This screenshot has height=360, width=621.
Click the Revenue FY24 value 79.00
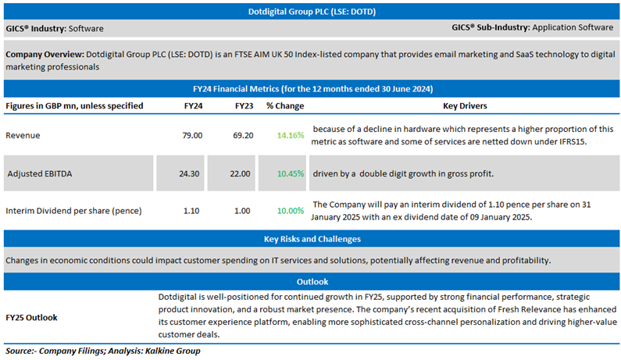[191, 135]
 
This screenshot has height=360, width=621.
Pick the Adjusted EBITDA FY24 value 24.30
[191, 173]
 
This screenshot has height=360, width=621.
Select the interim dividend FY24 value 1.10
[191, 211]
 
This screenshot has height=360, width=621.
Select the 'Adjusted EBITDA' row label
[40, 173]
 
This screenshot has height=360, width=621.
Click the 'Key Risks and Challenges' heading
[310, 239]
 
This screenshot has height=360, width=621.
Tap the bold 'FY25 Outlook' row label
[31, 317]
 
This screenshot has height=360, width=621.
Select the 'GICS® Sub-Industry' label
[490, 27]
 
